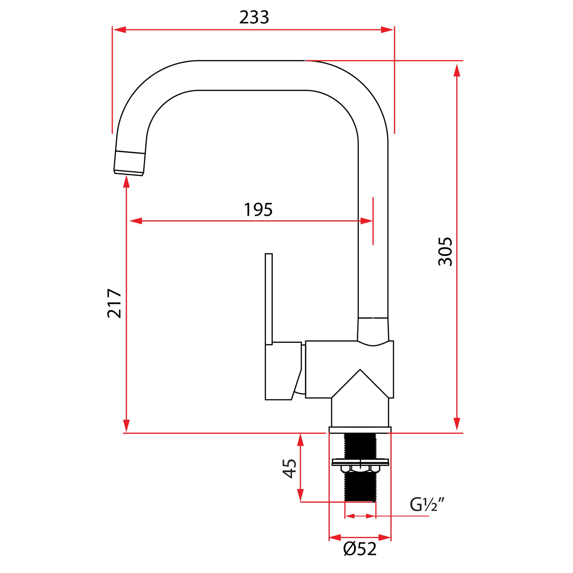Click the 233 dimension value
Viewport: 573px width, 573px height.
coord(254,17)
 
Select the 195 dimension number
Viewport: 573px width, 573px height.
coord(258,210)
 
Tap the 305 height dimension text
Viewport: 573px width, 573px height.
coord(445,251)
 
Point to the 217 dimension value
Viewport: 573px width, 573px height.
coord(115,303)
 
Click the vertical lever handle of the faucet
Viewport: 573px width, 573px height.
coord(269,299)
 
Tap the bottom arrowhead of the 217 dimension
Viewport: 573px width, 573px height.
coord(126,426)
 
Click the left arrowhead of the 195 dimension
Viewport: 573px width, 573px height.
coord(136,221)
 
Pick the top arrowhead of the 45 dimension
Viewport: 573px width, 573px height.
coord(301,440)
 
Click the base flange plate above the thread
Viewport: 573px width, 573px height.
coord(360,430)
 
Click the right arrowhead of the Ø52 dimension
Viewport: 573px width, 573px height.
coord(385,537)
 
